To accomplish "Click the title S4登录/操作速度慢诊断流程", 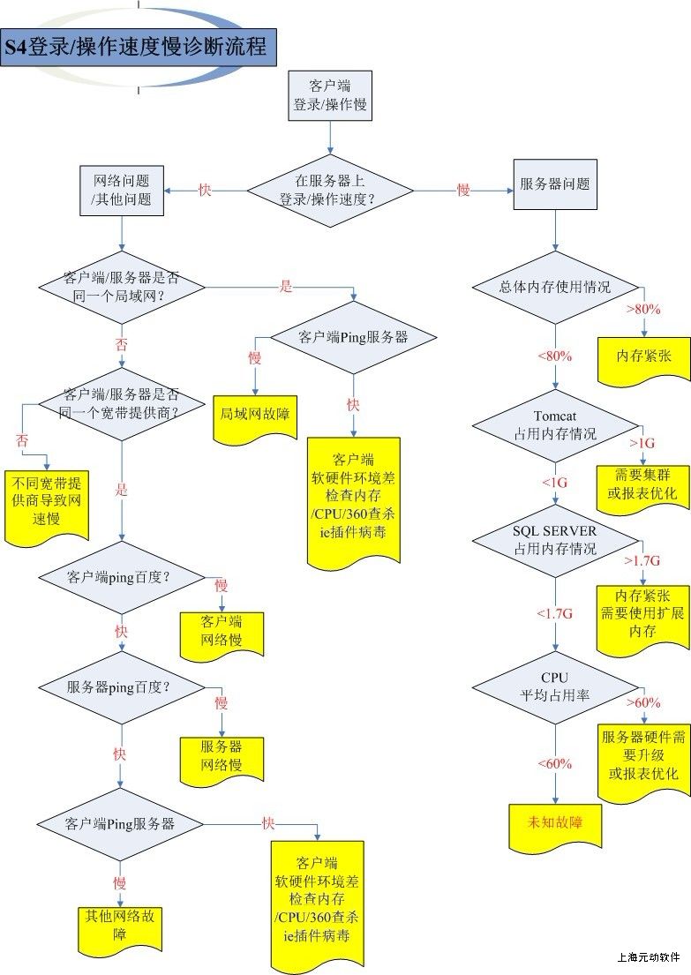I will coord(138,47).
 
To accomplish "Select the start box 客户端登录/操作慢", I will coord(330,95).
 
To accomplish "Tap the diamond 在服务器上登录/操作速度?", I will coord(330,190).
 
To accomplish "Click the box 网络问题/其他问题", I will coord(122,190).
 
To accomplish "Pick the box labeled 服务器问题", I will coord(554,184).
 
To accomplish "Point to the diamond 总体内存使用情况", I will coord(554,287).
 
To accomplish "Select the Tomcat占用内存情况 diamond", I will coord(554,425).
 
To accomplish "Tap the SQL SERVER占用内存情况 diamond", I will coord(554,539).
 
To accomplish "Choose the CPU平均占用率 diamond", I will coord(554,686).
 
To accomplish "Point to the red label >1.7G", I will coord(642,559).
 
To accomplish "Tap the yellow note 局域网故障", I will coord(255,412).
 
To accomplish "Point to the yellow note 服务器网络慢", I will coord(222,755).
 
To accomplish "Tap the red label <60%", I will coord(555,763).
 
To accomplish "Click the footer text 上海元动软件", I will coord(649,956).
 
